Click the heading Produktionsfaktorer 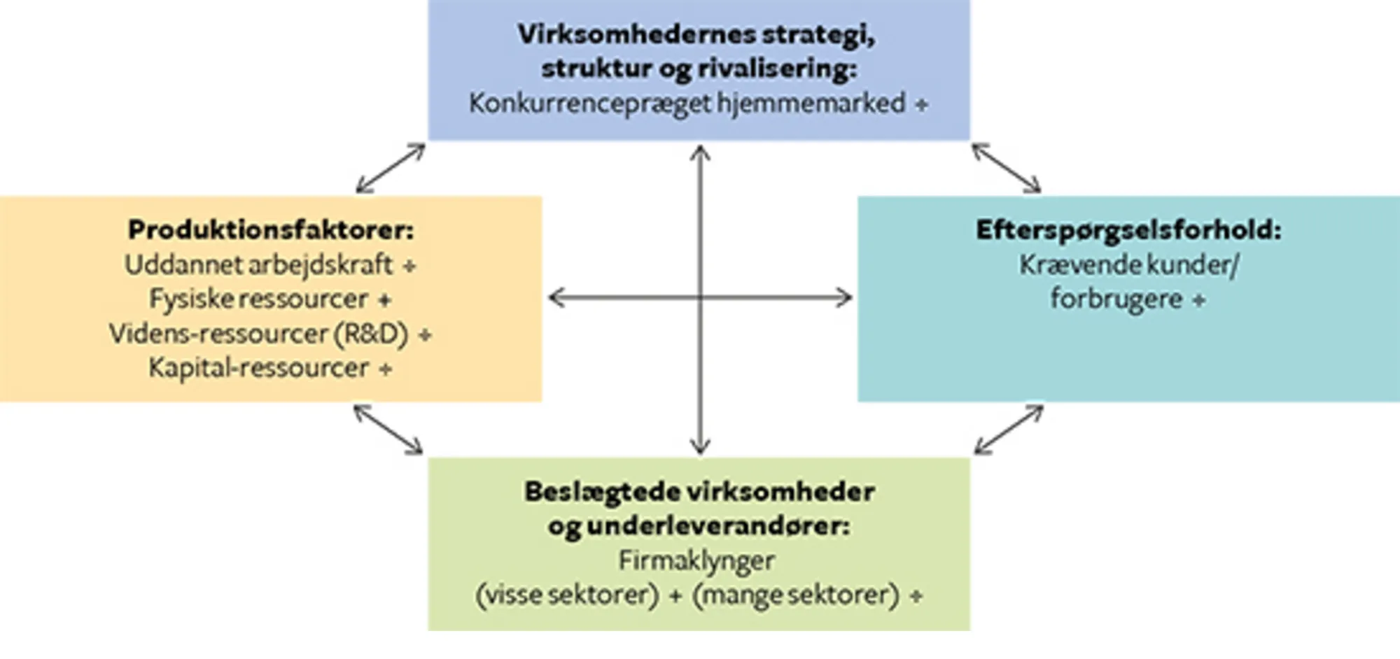(270, 230)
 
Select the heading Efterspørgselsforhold (1128, 230)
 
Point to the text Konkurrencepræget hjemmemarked (687, 104)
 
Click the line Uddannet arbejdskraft (258, 265)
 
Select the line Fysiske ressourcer (258, 299)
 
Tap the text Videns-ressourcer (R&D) (258, 334)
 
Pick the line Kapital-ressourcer (258, 368)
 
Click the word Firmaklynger (696, 560)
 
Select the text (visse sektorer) (567, 595)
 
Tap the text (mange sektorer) (795, 595)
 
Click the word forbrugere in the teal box (1116, 299)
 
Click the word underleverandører (718, 526)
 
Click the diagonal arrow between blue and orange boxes (391, 168)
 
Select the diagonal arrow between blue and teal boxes (1007, 168)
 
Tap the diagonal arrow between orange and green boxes (388, 430)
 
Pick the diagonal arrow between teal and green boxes (1009, 430)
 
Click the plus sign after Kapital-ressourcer (385, 369)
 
